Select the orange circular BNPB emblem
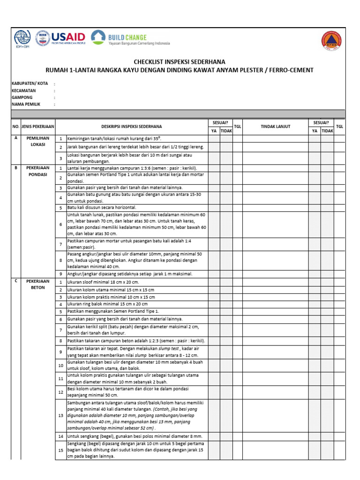click(x=331, y=40)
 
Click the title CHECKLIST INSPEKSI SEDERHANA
click(x=180, y=62)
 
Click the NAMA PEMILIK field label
click(x=26, y=105)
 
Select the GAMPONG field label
click(x=22, y=97)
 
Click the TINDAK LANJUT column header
click(x=275, y=126)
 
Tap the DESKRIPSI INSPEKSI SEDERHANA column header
click(x=132, y=126)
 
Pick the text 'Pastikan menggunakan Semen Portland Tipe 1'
click(x=113, y=311)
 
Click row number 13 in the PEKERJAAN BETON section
click(x=60, y=415)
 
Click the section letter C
click(x=16, y=281)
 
